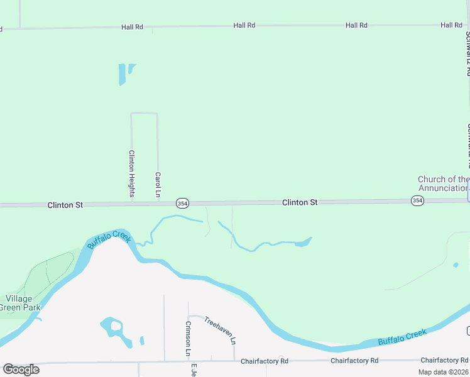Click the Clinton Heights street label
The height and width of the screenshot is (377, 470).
click(x=132, y=173)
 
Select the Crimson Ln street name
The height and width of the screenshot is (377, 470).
click(x=188, y=339)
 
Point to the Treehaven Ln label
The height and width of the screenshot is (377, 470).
click(x=219, y=330)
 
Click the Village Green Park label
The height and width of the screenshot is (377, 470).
click(x=22, y=303)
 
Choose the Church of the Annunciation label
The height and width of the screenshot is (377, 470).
click(x=444, y=183)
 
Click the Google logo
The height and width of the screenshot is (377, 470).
click(x=21, y=369)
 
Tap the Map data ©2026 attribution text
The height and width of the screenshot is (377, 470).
click(x=442, y=372)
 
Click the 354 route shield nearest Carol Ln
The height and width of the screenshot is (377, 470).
click(x=182, y=203)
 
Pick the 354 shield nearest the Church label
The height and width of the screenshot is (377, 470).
click(x=417, y=200)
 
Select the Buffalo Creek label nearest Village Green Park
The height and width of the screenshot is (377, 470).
click(x=109, y=240)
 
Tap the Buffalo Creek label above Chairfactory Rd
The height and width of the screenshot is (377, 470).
click(x=402, y=337)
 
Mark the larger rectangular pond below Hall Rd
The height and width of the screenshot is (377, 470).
click(x=122, y=75)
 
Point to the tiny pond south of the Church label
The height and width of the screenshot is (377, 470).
click(x=456, y=265)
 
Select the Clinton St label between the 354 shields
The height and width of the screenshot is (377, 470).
click(x=300, y=202)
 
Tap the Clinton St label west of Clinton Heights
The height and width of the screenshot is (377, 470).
click(x=65, y=205)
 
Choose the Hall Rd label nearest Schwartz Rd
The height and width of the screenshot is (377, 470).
click(x=451, y=25)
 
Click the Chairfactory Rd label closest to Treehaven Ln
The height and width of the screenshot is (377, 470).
click(x=266, y=361)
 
